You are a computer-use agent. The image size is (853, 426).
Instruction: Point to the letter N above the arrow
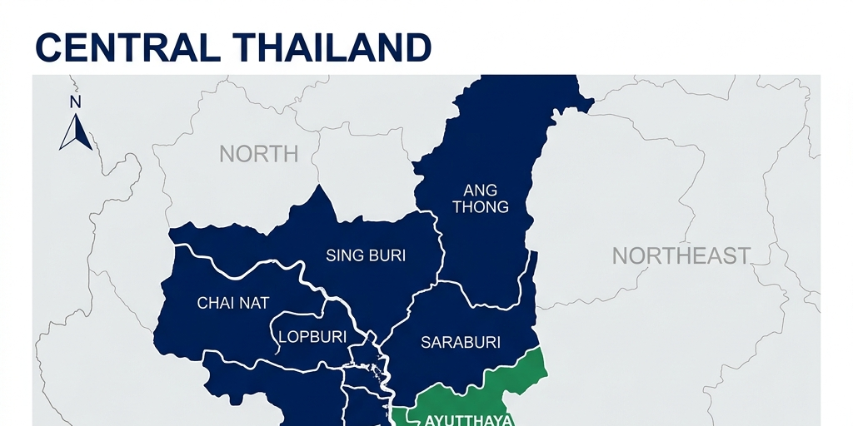point(75,102)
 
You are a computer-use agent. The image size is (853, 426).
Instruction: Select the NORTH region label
point(258,154)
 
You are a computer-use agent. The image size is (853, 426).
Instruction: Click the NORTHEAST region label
point(681,255)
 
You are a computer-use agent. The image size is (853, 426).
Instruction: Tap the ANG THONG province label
point(481,199)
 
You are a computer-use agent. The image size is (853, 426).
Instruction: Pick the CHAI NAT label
point(233,303)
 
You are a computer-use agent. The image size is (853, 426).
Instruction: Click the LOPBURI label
point(311,337)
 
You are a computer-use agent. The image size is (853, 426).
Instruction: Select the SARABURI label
point(461,342)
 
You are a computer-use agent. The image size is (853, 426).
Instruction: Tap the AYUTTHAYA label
point(468,419)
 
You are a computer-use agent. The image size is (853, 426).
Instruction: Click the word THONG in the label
point(481,207)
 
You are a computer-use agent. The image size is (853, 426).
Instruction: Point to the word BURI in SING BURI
point(387,255)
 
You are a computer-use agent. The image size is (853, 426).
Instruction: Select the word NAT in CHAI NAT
point(255,303)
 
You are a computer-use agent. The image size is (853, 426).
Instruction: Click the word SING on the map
point(344,255)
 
